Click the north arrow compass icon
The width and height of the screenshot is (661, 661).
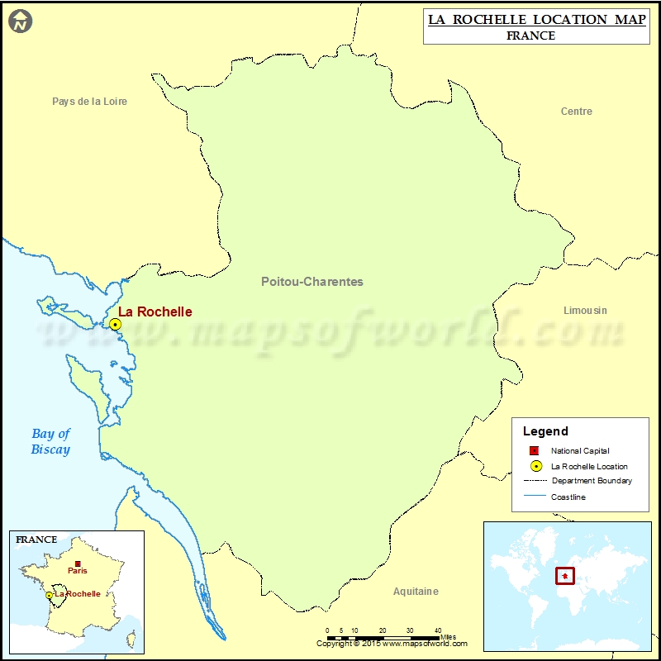point(21,21)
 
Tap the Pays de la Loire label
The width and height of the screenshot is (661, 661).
point(89,102)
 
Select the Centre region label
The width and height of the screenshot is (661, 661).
point(576,112)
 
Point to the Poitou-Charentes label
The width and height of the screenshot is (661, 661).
point(311,282)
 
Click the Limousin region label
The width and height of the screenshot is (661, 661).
point(585,311)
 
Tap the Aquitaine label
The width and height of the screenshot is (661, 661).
point(416,592)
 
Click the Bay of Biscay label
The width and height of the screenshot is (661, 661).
point(51,441)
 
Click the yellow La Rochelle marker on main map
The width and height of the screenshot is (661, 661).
point(116,325)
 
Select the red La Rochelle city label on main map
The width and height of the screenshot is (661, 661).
point(155,311)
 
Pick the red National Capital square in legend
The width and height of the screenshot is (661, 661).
point(535,450)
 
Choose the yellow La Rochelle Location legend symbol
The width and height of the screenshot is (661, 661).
point(535,466)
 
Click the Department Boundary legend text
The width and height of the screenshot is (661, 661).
point(592,481)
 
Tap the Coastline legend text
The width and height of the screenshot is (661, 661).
point(568,497)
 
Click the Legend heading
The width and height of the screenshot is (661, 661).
point(545,431)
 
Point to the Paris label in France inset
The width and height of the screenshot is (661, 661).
point(78,570)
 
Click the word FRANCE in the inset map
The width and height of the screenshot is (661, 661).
point(36,540)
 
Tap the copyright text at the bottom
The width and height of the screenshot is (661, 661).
point(392,644)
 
